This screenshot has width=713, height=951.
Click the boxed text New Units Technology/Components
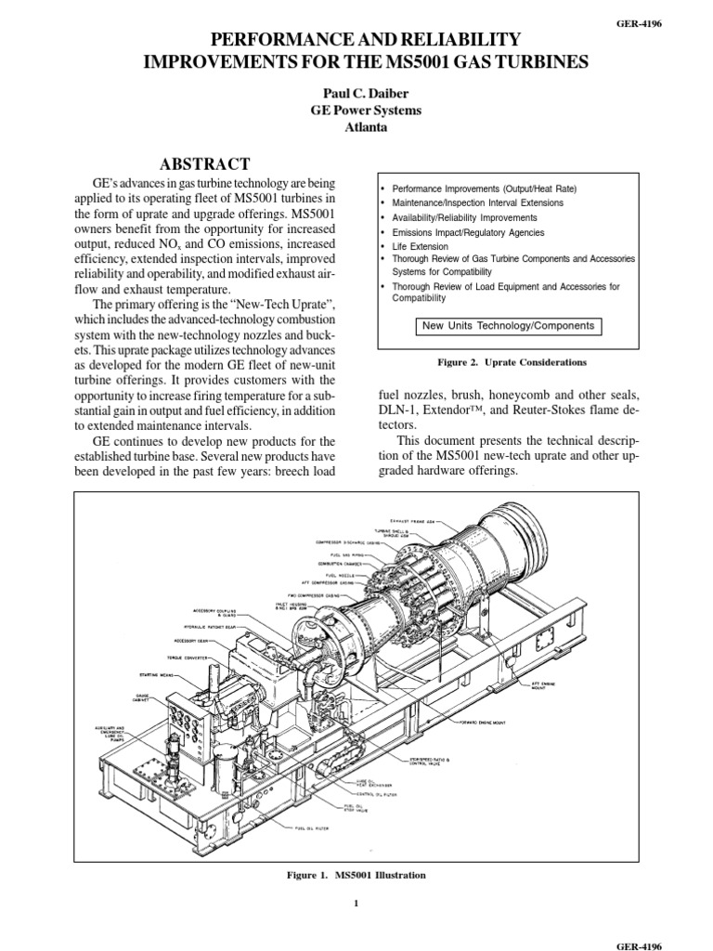(508, 326)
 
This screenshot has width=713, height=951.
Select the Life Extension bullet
(420, 247)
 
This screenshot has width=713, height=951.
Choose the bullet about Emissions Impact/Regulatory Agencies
(468, 232)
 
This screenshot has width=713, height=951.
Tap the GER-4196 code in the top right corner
(676, 11)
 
